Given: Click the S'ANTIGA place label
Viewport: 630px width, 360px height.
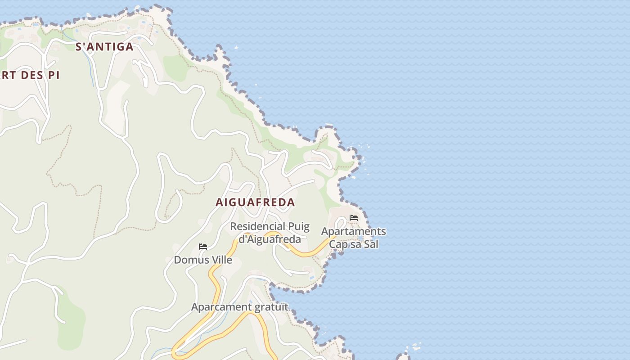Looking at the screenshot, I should (x=104, y=47).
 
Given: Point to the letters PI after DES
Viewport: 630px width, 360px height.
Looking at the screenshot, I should (x=54, y=75).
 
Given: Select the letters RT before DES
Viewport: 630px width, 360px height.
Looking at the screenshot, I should (x=9, y=75).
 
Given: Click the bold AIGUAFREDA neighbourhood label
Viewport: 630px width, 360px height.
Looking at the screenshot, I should (x=255, y=202).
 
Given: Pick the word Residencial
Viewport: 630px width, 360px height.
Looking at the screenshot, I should (x=257, y=226).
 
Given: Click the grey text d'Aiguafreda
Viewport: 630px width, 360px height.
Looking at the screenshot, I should (x=270, y=239).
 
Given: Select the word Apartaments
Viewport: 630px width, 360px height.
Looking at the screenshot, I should (x=353, y=232).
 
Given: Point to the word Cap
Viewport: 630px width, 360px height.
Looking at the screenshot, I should (x=338, y=244).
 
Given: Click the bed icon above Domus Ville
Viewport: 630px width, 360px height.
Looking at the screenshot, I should (x=203, y=247).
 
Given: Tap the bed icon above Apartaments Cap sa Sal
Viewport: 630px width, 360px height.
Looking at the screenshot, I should (x=354, y=218).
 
